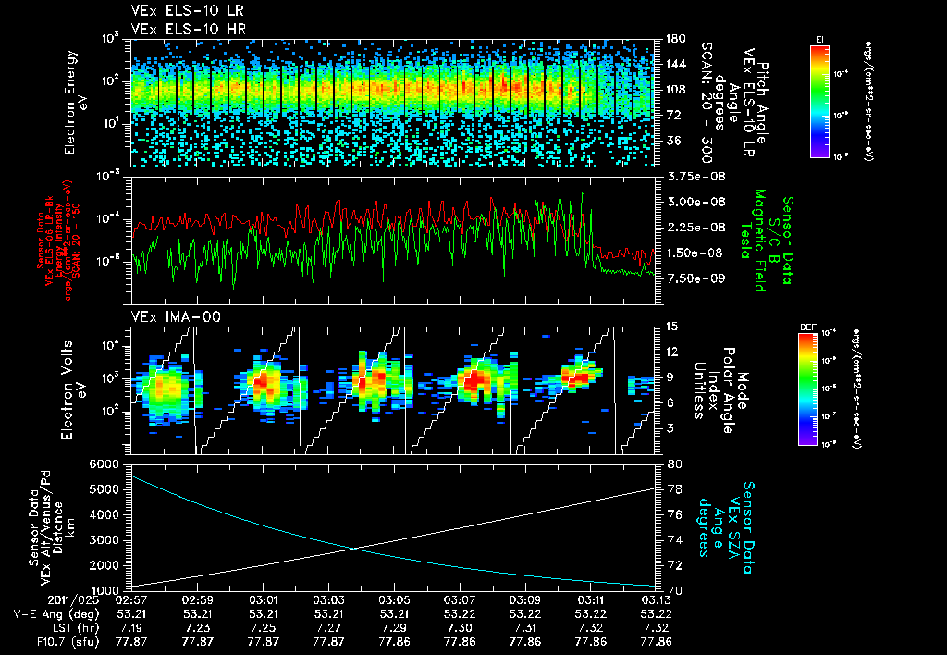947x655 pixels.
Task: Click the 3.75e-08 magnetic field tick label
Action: pos(691,176)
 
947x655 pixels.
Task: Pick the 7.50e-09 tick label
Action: pos(691,278)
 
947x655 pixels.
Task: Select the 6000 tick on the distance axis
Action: pos(106,463)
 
